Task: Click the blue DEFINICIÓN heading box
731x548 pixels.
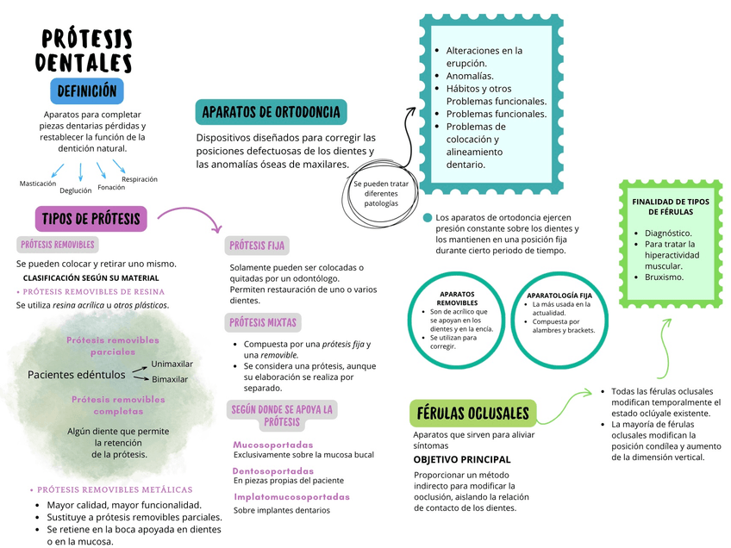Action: pos(87,90)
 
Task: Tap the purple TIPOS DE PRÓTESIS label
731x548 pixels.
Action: pos(91,219)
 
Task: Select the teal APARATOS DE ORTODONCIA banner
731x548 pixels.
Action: pos(271,111)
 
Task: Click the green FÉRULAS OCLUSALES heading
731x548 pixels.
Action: pos(473,414)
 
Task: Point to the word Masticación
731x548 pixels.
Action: pos(38,184)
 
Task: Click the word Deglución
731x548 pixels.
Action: pos(76,191)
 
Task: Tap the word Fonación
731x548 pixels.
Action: pos(111,187)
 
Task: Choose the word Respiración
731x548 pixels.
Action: pos(140,179)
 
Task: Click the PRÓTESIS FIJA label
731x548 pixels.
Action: pos(256,246)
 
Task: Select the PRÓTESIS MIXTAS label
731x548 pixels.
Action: pos(262,323)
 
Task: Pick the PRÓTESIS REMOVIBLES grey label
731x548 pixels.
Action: pos(58,245)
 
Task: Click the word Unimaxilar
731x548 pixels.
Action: pos(172,364)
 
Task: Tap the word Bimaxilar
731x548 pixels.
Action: pos(170,379)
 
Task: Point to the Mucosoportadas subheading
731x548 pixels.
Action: pos(273,445)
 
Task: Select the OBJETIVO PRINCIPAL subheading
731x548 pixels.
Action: pos(462,459)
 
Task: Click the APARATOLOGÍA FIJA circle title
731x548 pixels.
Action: pos(559,296)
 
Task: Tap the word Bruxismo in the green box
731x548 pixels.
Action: pos(664,277)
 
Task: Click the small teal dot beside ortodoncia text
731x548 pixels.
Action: pos(427,218)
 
